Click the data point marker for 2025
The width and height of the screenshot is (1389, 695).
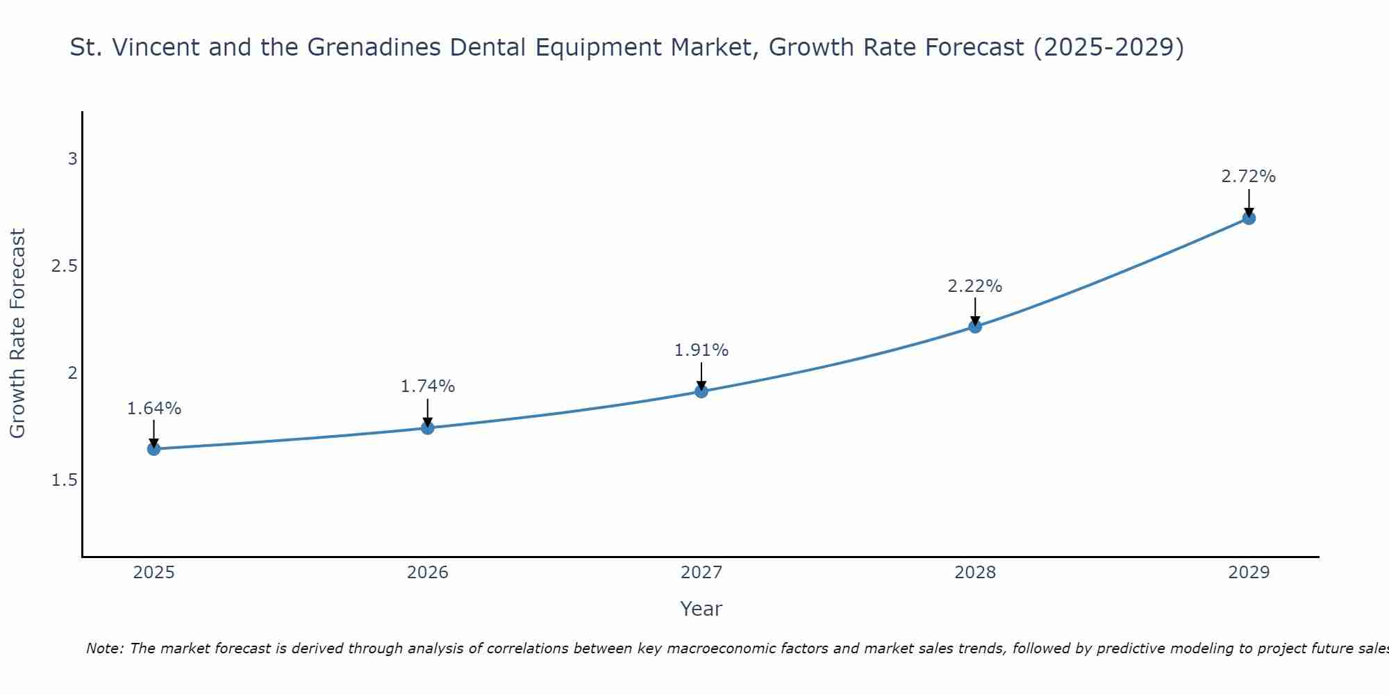point(154,449)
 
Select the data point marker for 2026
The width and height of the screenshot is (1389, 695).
point(428,427)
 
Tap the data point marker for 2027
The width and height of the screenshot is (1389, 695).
point(701,391)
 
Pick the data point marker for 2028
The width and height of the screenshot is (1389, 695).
point(975,326)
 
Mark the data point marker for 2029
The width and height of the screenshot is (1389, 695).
point(1249,218)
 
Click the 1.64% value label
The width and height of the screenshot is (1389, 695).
point(154,409)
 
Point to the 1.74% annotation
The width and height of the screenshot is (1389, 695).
point(428,386)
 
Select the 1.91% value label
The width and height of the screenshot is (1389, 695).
point(701,350)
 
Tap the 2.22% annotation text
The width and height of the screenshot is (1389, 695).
point(975,286)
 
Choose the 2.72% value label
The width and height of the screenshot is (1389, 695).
point(1249,177)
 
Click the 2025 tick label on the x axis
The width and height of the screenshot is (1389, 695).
point(154,573)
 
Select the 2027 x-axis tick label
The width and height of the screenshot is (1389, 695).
point(701,573)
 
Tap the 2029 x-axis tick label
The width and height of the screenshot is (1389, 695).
point(1249,573)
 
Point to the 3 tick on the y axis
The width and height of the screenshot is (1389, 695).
point(72,159)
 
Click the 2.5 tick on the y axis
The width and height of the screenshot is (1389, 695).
point(65,266)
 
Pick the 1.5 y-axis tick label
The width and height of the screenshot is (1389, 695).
point(65,480)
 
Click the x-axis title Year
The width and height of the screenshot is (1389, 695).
point(701,609)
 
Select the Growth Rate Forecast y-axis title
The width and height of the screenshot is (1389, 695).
point(18,334)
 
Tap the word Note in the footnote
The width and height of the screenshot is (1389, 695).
point(104,648)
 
